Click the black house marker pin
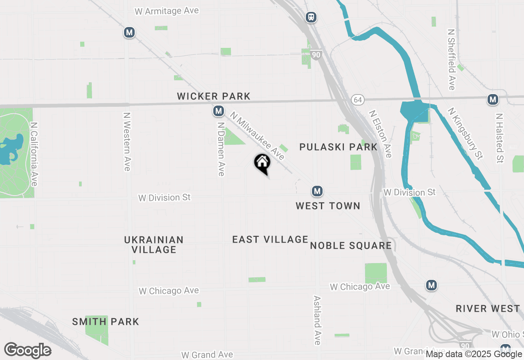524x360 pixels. pyautogui.click(x=262, y=163)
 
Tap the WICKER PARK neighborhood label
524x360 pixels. pyautogui.click(x=213, y=97)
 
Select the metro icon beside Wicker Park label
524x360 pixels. pyautogui.click(x=219, y=110)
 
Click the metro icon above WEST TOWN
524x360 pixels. pyautogui.click(x=317, y=191)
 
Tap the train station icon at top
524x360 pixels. pyautogui.click(x=311, y=17)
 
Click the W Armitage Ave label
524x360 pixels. pyautogui.click(x=167, y=11)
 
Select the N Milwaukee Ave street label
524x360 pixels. pyautogui.click(x=257, y=136)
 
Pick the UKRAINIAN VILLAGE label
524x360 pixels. pyautogui.click(x=154, y=245)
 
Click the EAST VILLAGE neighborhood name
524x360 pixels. pyautogui.click(x=270, y=240)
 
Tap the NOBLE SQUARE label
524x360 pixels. pyautogui.click(x=351, y=246)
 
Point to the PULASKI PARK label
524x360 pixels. pyautogui.click(x=338, y=147)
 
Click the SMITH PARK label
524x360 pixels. pyautogui.click(x=106, y=322)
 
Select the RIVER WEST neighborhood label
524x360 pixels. pyautogui.click(x=488, y=309)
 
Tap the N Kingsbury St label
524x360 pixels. pyautogui.click(x=465, y=134)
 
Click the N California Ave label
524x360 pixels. pyautogui.click(x=34, y=154)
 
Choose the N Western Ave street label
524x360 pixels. pyautogui.click(x=127, y=142)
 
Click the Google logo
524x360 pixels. pyautogui.click(x=27, y=351)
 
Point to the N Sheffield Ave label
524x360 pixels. pyautogui.click(x=452, y=59)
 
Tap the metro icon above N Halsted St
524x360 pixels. pyautogui.click(x=492, y=99)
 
